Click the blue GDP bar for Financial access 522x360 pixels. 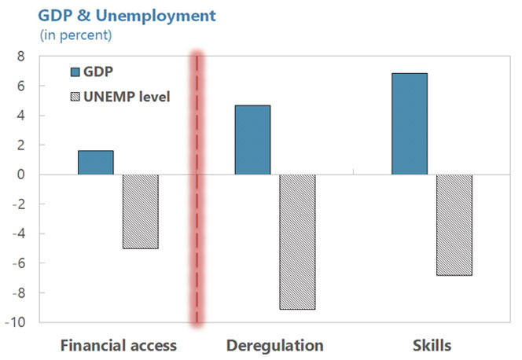tap(96, 163)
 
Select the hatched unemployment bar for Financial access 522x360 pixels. tap(141, 211)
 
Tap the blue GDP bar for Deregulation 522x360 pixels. tap(252, 140)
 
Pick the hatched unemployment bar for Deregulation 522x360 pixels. tap(297, 241)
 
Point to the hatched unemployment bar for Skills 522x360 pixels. tap(454, 225)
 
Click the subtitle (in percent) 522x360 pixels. tap(75, 35)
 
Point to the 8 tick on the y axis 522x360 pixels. tap(20, 57)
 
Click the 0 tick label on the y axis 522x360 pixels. tap(20, 174)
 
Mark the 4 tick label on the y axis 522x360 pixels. tap(20, 116)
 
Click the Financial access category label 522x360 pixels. tap(119, 345)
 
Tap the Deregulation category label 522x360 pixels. tap(274, 345)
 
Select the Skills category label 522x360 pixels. tap(432, 345)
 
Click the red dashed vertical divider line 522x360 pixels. tap(197, 189)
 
